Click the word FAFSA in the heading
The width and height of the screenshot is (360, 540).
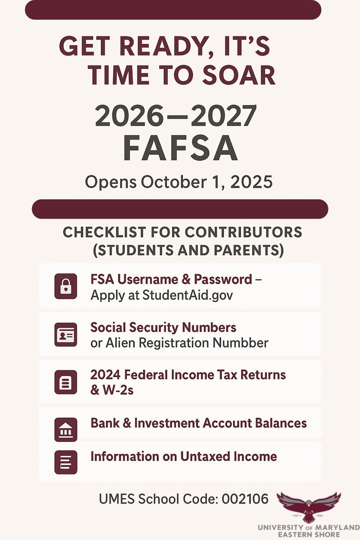(180, 149)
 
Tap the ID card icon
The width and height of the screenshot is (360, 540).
(66, 335)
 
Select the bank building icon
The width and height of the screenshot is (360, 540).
(66, 429)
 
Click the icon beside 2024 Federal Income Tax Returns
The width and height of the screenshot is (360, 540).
(66, 382)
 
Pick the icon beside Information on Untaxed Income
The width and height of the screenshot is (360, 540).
(66, 462)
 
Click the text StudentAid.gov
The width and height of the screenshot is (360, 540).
(187, 295)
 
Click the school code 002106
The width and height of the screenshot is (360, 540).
(245, 499)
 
